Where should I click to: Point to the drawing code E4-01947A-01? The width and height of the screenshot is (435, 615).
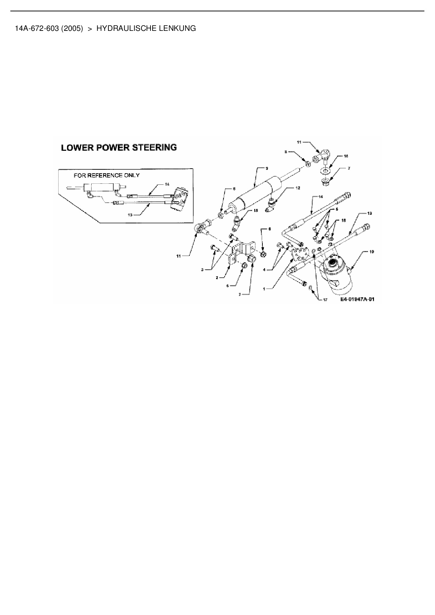tap(357, 299)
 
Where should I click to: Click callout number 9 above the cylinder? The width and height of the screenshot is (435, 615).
tap(267, 169)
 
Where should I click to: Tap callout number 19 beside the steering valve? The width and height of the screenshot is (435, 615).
tap(372, 252)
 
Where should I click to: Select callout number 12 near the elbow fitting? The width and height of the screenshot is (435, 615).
tap(298, 188)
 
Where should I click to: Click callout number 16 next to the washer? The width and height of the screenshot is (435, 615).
tap(346, 156)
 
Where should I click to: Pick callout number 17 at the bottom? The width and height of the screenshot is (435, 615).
tap(325, 300)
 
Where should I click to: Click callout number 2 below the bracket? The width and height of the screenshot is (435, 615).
tap(217, 277)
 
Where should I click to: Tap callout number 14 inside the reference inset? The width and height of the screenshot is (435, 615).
tap(167, 184)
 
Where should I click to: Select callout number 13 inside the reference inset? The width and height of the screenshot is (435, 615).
tap(130, 215)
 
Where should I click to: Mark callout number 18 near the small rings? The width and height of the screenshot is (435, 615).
tap(343, 220)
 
